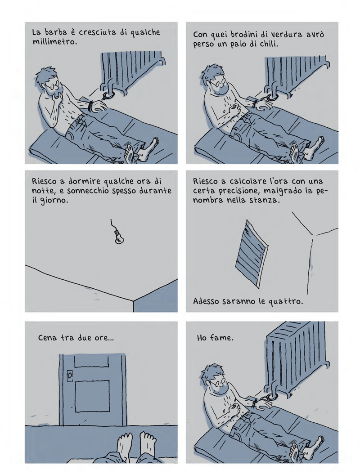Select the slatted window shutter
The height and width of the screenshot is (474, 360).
coord(252,254)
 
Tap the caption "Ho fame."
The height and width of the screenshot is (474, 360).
coord(215,337)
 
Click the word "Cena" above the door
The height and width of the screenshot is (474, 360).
coord(47,337)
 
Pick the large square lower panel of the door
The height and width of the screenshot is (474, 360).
coord(92,396)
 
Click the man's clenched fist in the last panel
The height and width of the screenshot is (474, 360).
coord(234,410)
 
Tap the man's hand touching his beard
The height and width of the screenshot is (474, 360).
coord(57,97)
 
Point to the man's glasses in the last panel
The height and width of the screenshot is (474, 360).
coord(218,382)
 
